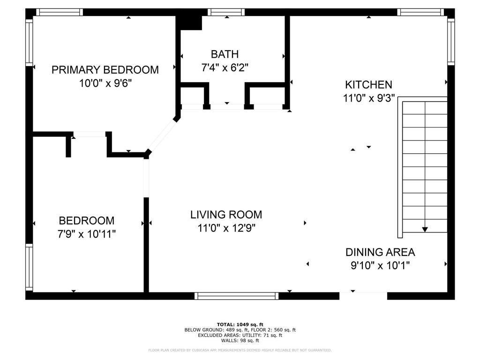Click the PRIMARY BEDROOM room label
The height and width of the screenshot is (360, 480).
coord(105,70)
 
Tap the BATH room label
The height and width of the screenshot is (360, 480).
coord(225,54)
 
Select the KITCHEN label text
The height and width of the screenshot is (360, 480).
coord(368,84)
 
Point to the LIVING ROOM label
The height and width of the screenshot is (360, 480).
coord(226,215)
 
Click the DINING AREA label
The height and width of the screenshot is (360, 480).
coord(380,252)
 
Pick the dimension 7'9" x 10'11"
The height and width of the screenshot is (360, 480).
coord(87,234)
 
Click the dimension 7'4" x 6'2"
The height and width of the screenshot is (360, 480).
coord(225,67)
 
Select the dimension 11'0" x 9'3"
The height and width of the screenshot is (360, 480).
coord(369,98)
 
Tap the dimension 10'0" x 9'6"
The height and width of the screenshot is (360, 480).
coord(105,83)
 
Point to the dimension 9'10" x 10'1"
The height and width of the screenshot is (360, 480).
coord(380,265)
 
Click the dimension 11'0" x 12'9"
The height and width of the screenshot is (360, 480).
coord(226,228)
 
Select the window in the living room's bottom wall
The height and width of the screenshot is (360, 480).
coord(237,296)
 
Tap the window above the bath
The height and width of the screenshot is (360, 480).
coord(226,12)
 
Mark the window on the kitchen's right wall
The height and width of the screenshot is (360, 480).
coord(451,42)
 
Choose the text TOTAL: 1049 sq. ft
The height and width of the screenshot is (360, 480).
coord(240,324)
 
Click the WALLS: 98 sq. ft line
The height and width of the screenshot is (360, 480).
coord(240,340)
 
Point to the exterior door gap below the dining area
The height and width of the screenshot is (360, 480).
coord(363,296)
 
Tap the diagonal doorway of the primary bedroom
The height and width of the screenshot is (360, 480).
coord(162,135)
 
